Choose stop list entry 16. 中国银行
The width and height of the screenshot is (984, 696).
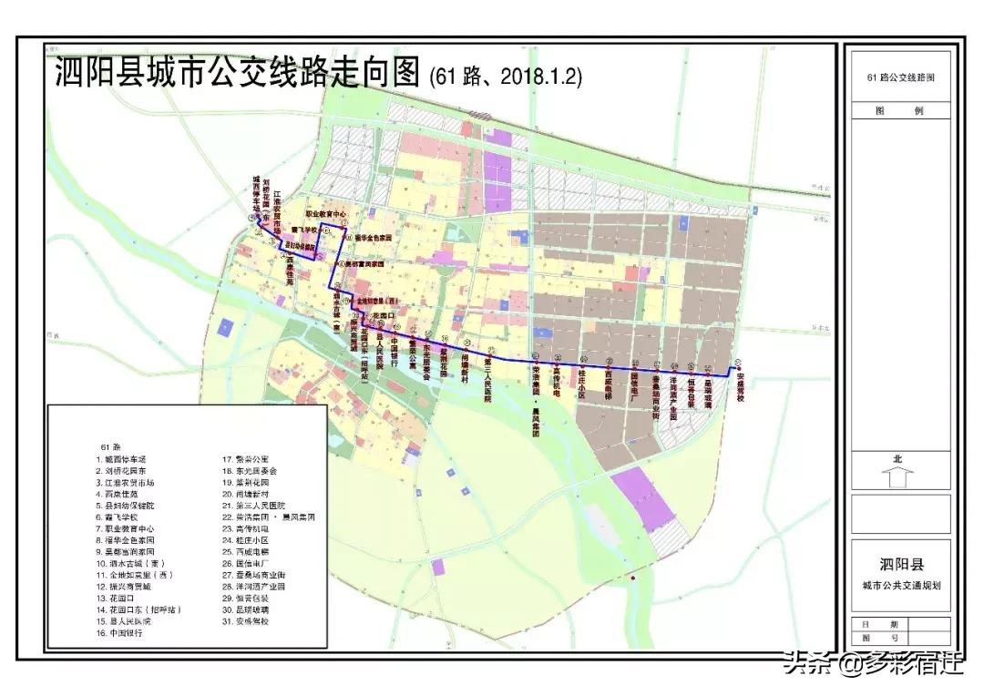(128, 632)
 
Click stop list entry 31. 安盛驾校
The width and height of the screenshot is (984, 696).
(247, 620)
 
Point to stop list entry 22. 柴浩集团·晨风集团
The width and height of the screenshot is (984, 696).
(269, 517)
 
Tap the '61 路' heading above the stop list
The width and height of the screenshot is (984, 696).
(110, 446)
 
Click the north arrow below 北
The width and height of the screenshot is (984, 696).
(897, 476)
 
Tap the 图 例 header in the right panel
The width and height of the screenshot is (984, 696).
(899, 110)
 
